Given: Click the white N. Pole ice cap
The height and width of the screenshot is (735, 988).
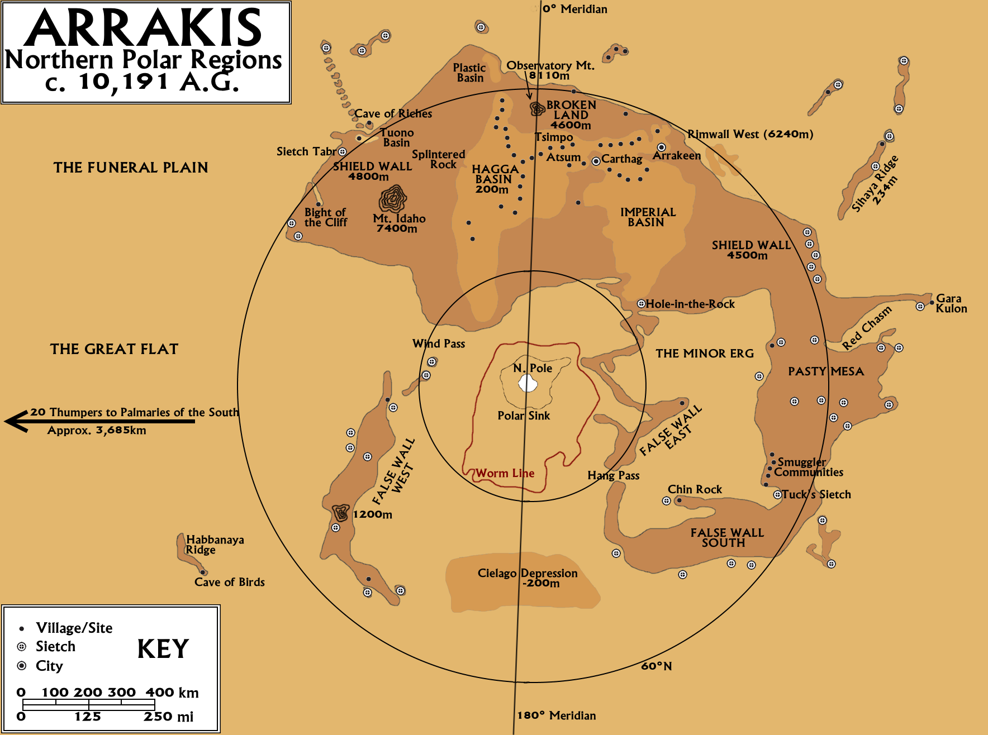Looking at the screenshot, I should click(x=528, y=384).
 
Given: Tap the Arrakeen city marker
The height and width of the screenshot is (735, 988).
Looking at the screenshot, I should click(x=661, y=147).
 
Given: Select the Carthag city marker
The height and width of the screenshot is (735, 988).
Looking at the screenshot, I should click(x=596, y=161).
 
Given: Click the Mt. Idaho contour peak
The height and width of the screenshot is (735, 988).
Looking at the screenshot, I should click(x=393, y=198).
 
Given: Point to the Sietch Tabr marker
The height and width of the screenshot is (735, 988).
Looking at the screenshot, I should click(x=343, y=152).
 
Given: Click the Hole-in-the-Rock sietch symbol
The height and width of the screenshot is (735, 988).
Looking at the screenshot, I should click(x=641, y=304).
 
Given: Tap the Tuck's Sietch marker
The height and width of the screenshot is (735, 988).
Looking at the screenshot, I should click(x=777, y=495).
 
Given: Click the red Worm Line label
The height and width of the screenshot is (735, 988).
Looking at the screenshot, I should click(x=505, y=474).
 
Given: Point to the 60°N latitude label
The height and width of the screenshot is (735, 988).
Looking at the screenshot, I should click(x=657, y=666).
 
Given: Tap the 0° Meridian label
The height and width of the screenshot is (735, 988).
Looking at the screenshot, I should click(x=575, y=9).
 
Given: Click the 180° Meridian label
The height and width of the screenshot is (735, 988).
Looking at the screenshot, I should click(x=557, y=715).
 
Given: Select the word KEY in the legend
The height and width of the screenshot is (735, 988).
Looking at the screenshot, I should click(x=163, y=649).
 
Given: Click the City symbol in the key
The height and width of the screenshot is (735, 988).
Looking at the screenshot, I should click(x=22, y=666).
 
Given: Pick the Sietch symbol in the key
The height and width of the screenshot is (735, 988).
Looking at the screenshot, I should click(x=22, y=647).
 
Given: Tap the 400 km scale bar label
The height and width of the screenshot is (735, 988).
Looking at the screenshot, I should click(x=172, y=693).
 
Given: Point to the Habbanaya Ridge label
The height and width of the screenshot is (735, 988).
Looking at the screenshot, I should click(x=215, y=545).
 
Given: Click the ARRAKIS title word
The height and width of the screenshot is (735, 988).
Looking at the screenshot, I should click(x=142, y=28).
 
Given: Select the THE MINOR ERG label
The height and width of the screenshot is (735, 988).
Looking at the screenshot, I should click(x=705, y=354).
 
